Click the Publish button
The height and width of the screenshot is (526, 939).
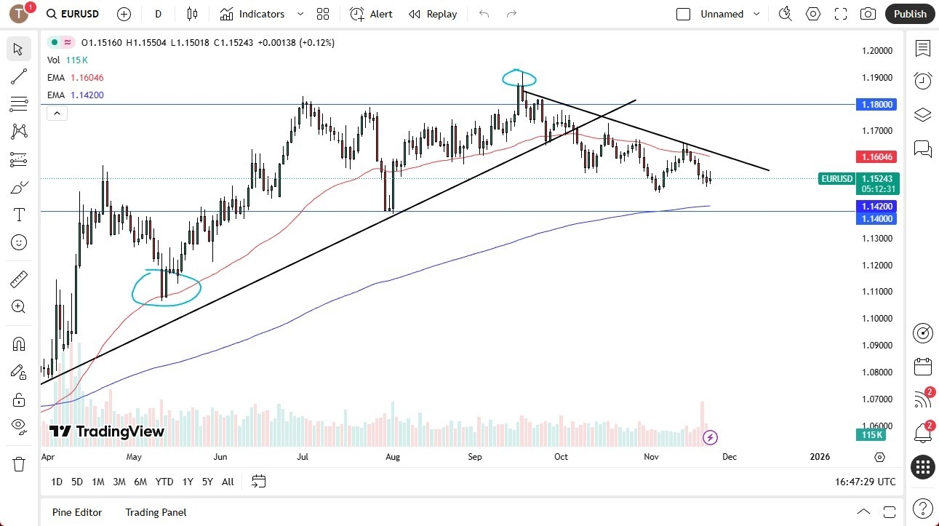[909, 14]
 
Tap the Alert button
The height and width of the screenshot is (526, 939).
[371, 14]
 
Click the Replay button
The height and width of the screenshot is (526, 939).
[433, 14]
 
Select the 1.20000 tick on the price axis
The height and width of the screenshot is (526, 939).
[878, 51]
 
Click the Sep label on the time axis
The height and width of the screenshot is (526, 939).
[475, 457]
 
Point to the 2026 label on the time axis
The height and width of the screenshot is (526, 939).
[819, 457]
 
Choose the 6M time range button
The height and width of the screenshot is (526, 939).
[140, 482]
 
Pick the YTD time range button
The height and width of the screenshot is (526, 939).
[164, 482]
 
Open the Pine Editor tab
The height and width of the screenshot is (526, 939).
[77, 512]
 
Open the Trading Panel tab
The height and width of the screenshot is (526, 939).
[156, 512]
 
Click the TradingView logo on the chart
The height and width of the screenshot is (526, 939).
[107, 431]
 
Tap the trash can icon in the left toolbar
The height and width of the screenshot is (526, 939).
[19, 464]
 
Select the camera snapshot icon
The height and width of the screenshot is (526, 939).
[868, 14]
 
